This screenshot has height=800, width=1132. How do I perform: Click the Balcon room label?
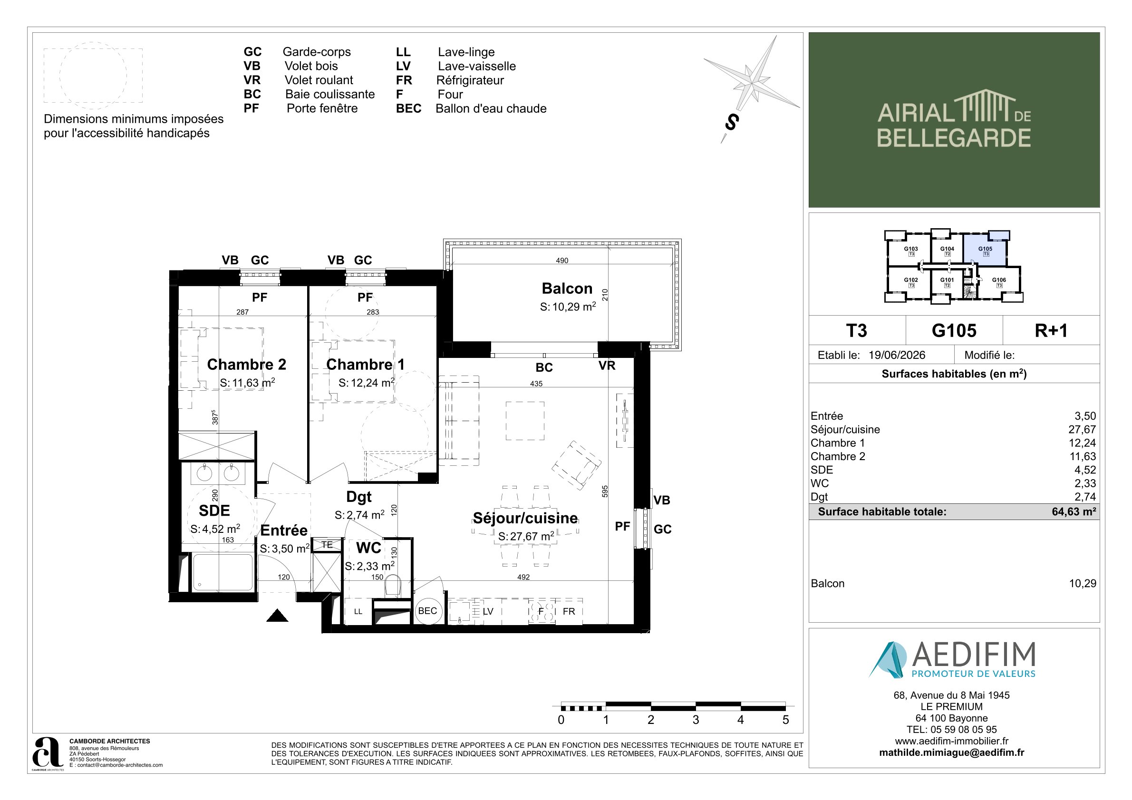pos(567,289)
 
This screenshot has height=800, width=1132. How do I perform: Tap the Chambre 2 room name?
pos(247,364)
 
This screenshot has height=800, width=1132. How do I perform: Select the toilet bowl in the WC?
pos(393,585)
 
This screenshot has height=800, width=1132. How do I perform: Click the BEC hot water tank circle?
pos(427,611)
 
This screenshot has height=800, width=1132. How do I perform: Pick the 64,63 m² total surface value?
pos(1074,511)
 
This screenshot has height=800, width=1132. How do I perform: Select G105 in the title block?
pos(954,330)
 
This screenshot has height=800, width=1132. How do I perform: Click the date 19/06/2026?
pos(897,355)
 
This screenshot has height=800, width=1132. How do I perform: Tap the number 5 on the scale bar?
pos(785,720)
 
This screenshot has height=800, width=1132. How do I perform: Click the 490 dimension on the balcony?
pos(562,260)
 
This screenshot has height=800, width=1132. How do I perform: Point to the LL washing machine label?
pos(358,612)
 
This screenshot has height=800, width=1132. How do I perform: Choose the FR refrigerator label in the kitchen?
pos(569,611)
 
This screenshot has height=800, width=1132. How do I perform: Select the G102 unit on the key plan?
pos(910,282)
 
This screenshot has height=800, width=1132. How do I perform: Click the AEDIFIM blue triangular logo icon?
pos(888,659)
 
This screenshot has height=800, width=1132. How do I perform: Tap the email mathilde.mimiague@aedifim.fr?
pos(951,752)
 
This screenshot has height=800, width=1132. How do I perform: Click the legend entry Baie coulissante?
pos(330,94)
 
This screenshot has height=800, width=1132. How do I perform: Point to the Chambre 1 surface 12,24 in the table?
pos(1082,443)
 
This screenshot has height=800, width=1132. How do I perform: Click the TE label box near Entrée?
pos(327,545)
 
